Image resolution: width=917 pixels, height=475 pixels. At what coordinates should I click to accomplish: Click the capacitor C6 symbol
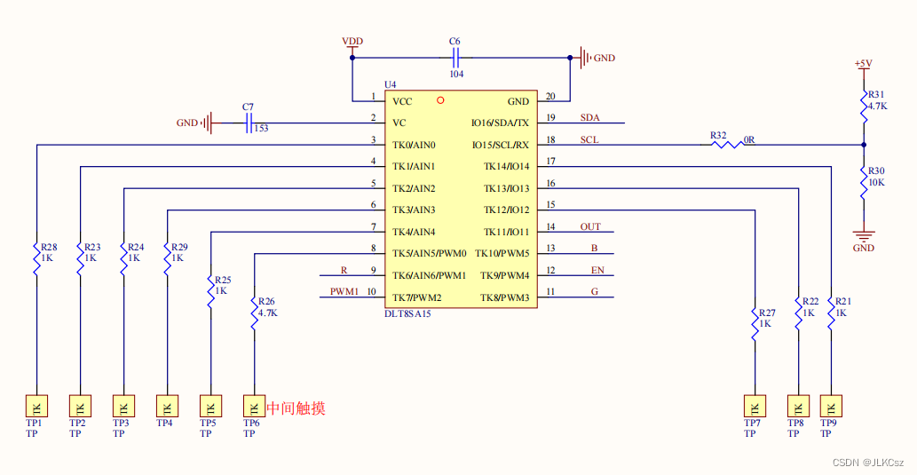pos(455,58)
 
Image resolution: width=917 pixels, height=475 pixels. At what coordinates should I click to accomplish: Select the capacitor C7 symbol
pos(249,123)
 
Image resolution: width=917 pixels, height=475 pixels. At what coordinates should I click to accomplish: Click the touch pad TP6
pos(254,407)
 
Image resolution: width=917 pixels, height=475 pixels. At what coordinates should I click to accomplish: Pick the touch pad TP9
pos(831,407)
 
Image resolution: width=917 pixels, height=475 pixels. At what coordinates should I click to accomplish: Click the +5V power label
pos(862,63)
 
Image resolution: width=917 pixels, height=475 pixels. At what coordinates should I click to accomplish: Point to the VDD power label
pos(352,42)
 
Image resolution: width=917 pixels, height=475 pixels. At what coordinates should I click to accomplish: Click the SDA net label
pos(590,117)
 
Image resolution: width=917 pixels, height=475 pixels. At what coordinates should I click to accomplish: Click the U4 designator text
pos(391,83)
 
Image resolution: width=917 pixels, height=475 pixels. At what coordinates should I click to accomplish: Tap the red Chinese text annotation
pos(296,408)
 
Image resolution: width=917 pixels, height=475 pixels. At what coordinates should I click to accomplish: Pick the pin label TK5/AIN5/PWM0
pos(430,253)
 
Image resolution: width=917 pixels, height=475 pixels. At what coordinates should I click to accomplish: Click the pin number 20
pos(550,96)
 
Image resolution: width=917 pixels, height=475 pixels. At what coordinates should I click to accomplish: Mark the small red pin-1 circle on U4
pos(440,100)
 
